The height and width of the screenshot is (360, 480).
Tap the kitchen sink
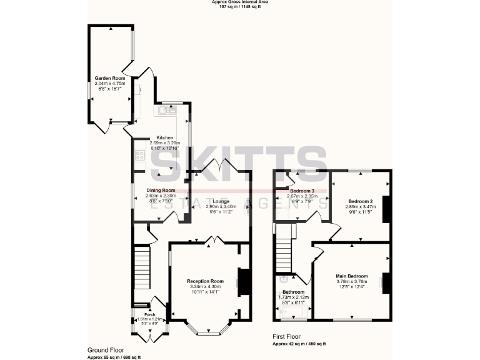[165, 111]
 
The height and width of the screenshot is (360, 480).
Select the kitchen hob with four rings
[138, 156]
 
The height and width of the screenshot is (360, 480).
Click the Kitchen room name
[164, 137]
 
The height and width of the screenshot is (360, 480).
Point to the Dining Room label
[161, 190]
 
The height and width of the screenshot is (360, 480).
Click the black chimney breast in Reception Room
[244, 281]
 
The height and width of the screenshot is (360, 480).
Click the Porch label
[149, 314]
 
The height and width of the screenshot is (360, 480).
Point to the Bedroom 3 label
[302, 190]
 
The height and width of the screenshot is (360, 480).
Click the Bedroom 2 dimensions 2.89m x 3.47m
[361, 206]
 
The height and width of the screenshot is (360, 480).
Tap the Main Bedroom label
[351, 276]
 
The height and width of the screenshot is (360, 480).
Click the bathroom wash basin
[284, 279]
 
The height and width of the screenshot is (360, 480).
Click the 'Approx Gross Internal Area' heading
[239, 2]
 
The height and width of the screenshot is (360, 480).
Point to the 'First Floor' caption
[286, 337]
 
